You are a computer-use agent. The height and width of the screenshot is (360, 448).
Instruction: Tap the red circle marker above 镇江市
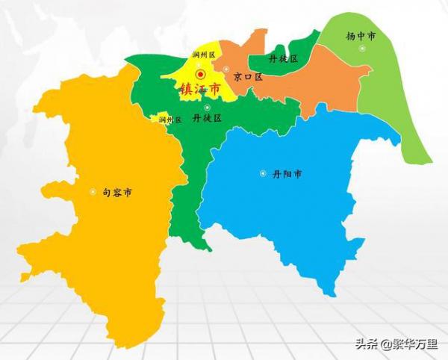200,74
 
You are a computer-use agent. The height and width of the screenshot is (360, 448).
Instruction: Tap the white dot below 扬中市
362,49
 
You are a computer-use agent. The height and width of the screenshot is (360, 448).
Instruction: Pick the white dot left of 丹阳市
263,174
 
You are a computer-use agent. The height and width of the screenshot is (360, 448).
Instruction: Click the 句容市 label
117,193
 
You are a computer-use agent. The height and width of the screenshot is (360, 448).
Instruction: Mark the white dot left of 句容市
93,192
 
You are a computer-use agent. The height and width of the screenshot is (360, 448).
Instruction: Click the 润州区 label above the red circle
203,55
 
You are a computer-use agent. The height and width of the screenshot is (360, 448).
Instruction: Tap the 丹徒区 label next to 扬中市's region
284,58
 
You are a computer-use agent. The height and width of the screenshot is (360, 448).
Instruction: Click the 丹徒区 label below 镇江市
207,118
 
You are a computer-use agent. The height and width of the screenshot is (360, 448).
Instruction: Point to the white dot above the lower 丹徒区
207,108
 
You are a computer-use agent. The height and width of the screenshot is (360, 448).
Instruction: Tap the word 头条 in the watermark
366,345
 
